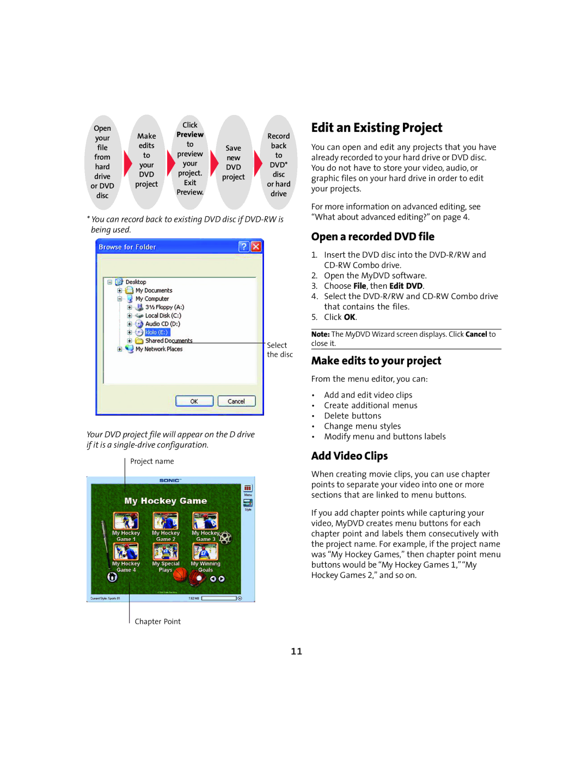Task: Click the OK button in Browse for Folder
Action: pos(194,401)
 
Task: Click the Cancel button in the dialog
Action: pos(236,401)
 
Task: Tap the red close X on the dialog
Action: pos(256,247)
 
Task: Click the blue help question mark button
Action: pos(244,247)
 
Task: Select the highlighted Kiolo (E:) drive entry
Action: pos(157,332)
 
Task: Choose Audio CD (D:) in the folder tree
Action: pos(162,324)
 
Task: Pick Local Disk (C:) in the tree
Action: pos(163,315)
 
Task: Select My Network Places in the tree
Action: pos(159,349)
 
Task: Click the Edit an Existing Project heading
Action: pos(377,127)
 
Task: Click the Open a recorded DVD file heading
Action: pos(372,236)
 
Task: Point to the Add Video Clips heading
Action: pos(349,456)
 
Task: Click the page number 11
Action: pos(296,651)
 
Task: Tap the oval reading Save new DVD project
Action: pos(234,162)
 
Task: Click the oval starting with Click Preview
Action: pos(190,159)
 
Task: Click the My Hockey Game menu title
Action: pos(166,501)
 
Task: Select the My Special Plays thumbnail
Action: pos(166,552)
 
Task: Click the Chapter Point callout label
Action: pos(157,622)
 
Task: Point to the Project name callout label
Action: pos(152,461)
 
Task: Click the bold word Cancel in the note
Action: pos(476,334)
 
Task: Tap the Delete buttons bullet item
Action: pos(352,416)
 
